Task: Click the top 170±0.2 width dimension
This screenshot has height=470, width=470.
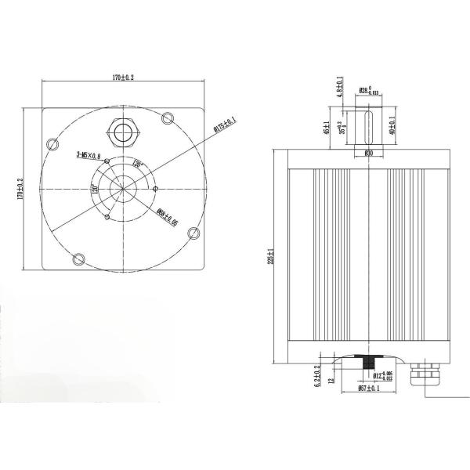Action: point(123,78)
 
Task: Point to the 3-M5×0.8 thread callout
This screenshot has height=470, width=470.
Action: point(88,156)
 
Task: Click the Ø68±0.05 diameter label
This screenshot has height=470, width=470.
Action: point(167,217)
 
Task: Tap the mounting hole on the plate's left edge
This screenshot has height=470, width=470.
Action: point(52,143)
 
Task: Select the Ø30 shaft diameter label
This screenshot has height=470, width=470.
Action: point(368,154)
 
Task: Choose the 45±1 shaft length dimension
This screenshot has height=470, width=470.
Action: point(326,128)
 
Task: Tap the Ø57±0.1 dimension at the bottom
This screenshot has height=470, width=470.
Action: point(368,387)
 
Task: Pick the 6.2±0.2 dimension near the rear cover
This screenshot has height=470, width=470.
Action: point(317,377)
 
